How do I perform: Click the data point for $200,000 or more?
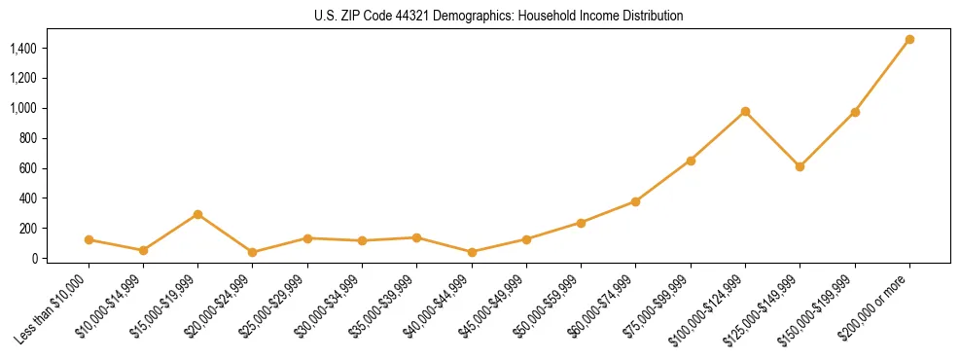click(x=909, y=40)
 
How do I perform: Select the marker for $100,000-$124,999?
click(x=745, y=112)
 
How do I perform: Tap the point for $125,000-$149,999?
click(x=800, y=166)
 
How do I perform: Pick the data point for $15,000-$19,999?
click(x=197, y=214)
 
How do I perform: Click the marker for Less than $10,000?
click(x=89, y=239)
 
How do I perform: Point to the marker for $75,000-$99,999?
click(x=691, y=161)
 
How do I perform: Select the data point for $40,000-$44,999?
click(x=472, y=252)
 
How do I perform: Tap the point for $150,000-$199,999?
click(x=855, y=112)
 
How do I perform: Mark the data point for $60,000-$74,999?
click(x=635, y=201)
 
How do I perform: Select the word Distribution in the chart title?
click(x=644, y=17)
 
